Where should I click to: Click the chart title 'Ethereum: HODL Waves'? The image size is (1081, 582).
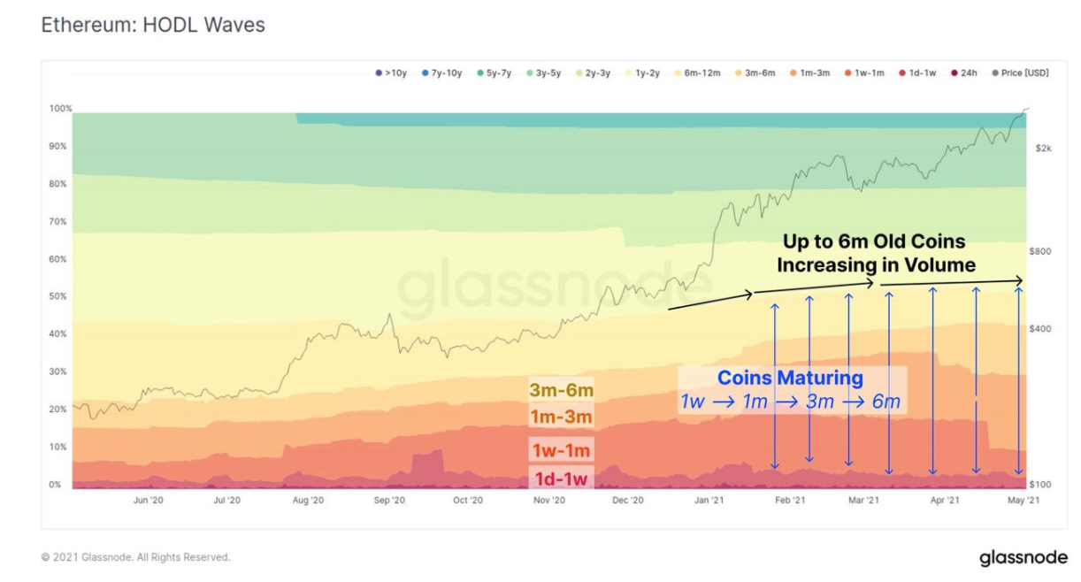pos(153,25)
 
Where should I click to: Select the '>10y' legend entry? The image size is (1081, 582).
pos(391,73)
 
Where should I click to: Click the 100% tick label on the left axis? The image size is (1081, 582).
pos(60,109)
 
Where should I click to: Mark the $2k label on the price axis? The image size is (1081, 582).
pos(1043,149)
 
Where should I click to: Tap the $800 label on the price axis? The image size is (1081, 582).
pos(1040,251)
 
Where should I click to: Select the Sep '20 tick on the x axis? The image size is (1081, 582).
pos(389,500)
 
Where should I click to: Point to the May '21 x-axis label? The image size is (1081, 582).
pos(1023,500)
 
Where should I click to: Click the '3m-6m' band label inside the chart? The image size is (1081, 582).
pos(561,390)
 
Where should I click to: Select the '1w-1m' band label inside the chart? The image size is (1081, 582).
pos(561,450)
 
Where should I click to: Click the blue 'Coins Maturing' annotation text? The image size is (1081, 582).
pos(790,378)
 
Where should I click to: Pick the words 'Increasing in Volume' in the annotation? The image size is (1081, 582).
pos(876,264)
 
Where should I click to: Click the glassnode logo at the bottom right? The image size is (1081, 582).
pos(1023,558)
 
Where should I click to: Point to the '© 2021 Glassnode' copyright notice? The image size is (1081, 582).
pos(135,557)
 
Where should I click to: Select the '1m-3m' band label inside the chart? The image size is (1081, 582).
pos(561,417)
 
